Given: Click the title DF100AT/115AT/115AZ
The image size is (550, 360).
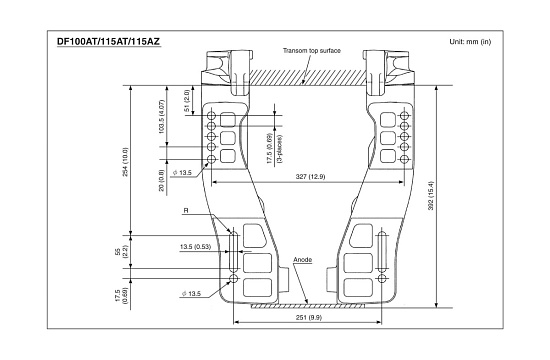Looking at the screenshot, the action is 108,42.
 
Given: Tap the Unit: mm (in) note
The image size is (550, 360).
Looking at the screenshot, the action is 470,42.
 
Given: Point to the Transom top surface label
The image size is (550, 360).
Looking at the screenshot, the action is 312,51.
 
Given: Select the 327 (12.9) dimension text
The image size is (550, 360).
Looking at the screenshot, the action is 310,176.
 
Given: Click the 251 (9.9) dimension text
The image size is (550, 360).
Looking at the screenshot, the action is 309,318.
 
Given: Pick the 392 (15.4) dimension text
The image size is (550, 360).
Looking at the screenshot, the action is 431,195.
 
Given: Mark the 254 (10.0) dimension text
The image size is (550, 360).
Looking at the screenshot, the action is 125,162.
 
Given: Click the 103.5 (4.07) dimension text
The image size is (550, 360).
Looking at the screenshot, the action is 161,116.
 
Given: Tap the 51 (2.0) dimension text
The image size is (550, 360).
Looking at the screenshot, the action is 187,101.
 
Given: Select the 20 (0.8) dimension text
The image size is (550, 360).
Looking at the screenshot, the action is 161,181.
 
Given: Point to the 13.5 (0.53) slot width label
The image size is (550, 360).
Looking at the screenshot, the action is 195,247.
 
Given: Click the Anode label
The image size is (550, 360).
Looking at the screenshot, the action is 302,260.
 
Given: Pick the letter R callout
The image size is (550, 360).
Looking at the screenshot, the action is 186,211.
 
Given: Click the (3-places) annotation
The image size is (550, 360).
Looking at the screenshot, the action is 280,148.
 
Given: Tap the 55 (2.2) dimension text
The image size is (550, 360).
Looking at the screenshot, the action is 122,252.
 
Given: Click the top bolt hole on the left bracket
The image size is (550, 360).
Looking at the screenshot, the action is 211,115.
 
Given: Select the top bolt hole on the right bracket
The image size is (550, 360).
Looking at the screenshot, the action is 404,115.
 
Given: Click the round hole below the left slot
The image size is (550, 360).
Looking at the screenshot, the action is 233,279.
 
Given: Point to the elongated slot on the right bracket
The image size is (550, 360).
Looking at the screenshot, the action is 382,251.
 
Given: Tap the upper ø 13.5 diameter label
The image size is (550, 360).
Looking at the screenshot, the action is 182,173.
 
